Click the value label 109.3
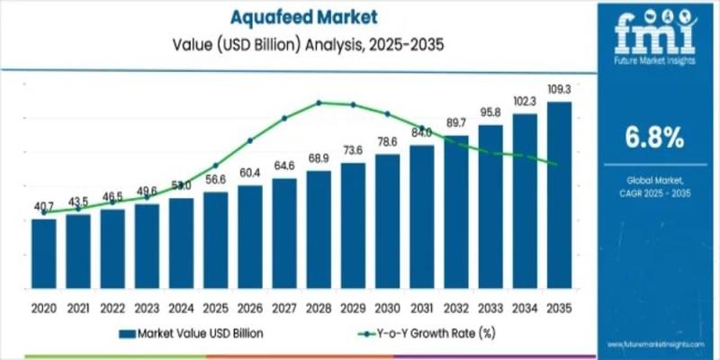[559, 90]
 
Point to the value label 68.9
[319, 158]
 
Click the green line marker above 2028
[319, 103]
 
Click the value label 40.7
[43, 207]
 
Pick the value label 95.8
[490, 112]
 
